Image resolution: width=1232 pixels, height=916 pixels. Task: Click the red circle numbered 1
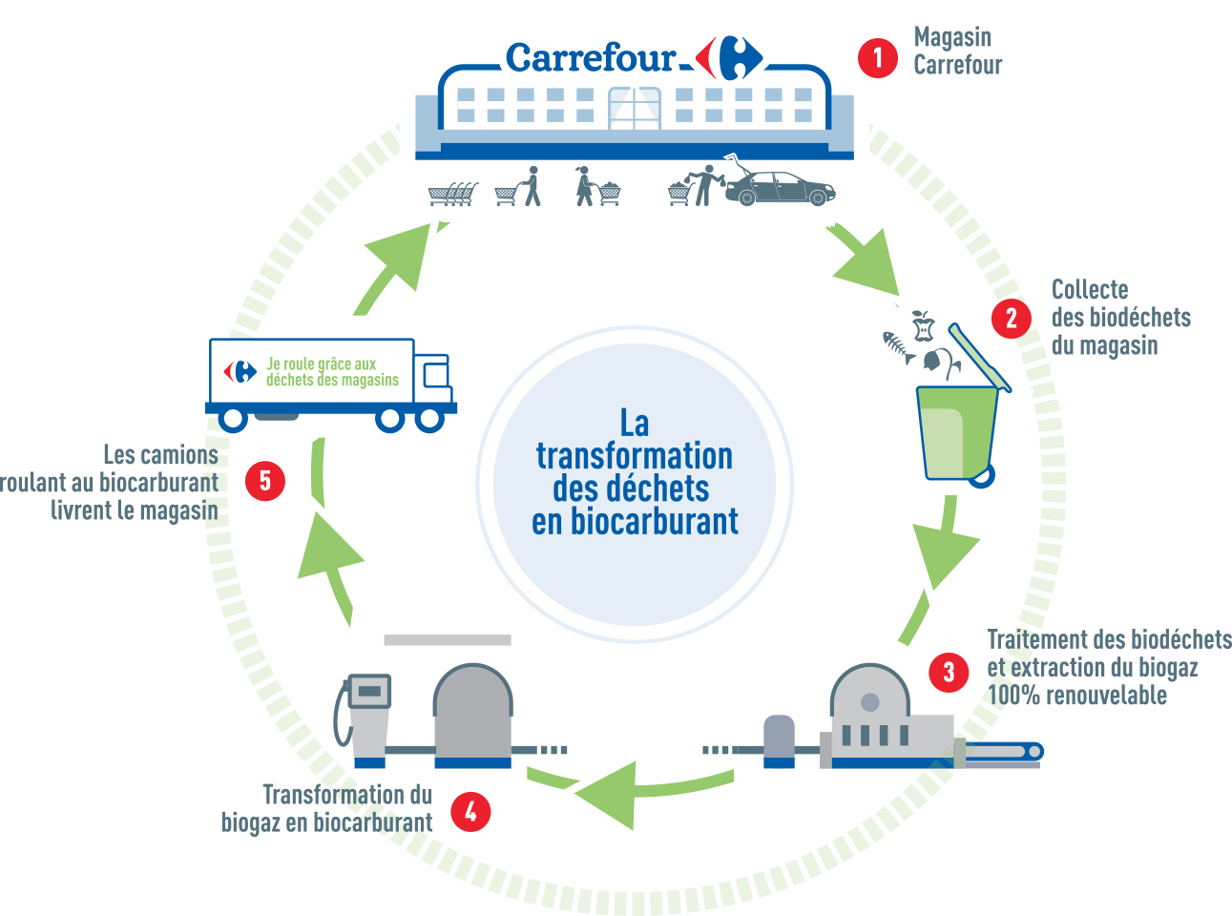878,58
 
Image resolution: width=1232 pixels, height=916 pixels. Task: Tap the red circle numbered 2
1012,319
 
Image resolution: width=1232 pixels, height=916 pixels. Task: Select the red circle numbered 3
949,672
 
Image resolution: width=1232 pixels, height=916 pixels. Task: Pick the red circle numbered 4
470,812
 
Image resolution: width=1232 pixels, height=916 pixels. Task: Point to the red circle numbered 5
265,481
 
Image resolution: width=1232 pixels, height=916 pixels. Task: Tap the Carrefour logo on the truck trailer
240,371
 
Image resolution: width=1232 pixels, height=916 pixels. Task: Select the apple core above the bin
923,325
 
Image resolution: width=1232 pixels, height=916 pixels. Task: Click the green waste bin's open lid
979,357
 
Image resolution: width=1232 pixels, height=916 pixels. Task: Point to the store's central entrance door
635,109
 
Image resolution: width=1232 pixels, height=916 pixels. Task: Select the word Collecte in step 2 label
1090,289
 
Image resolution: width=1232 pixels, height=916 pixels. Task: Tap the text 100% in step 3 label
1013,695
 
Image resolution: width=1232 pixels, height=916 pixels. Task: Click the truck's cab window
435,376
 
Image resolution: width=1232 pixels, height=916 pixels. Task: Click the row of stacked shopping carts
452,194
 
